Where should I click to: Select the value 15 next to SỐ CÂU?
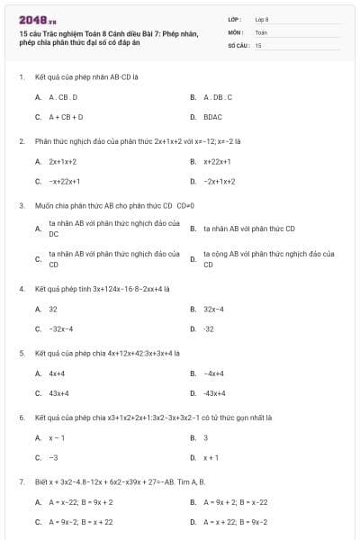tap(259, 44)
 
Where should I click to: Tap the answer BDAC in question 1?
tap(212, 116)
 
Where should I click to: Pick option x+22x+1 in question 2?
tap(218, 161)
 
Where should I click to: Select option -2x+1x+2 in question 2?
tap(220, 181)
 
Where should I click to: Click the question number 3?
tap(21, 205)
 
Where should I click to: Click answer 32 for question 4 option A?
tap(53, 309)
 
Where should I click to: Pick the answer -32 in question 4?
tap(209, 328)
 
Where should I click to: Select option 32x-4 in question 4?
tap(214, 309)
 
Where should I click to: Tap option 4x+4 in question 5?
tap(57, 373)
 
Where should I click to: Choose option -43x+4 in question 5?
tap(214, 392)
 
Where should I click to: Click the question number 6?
tap(21, 418)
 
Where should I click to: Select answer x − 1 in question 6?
tap(57, 437)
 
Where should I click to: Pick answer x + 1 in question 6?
tap(211, 457)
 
